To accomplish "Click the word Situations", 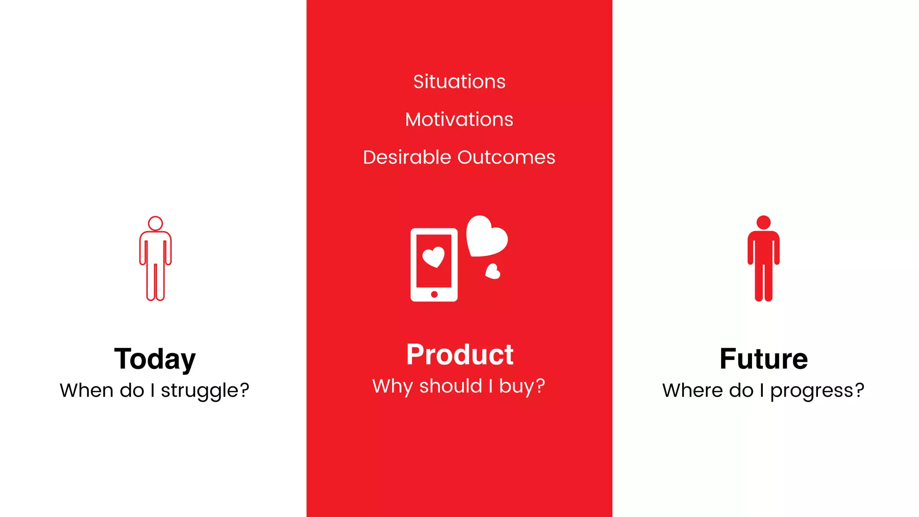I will [459, 82].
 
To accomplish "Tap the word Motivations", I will [459, 119].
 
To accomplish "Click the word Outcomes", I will [506, 158].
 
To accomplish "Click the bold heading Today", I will [155, 359].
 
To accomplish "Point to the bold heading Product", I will [459, 355].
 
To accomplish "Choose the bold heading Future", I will [763, 359].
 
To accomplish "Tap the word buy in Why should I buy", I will [516, 386].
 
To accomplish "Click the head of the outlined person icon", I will [155, 223].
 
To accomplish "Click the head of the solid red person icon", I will [763, 222].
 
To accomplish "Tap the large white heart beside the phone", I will [486, 237].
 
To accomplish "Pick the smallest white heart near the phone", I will [493, 272].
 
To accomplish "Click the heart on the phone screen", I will [433, 257].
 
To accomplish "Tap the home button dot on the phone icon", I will [434, 294].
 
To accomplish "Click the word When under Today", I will [86, 390].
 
